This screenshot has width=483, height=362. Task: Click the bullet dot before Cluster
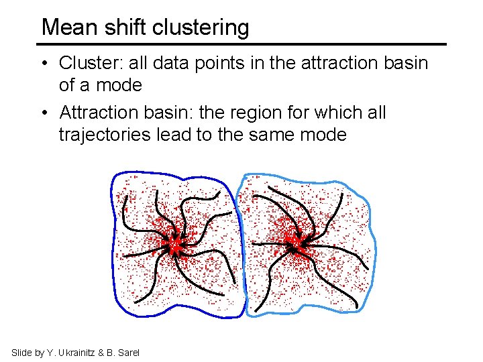(44, 64)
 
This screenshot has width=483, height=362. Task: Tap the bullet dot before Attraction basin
(44, 113)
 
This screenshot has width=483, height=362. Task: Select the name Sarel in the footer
(127, 353)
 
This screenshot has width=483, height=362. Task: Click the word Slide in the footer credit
(22, 353)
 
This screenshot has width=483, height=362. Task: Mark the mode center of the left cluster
(176, 247)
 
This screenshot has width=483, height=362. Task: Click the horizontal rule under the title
(241, 44)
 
